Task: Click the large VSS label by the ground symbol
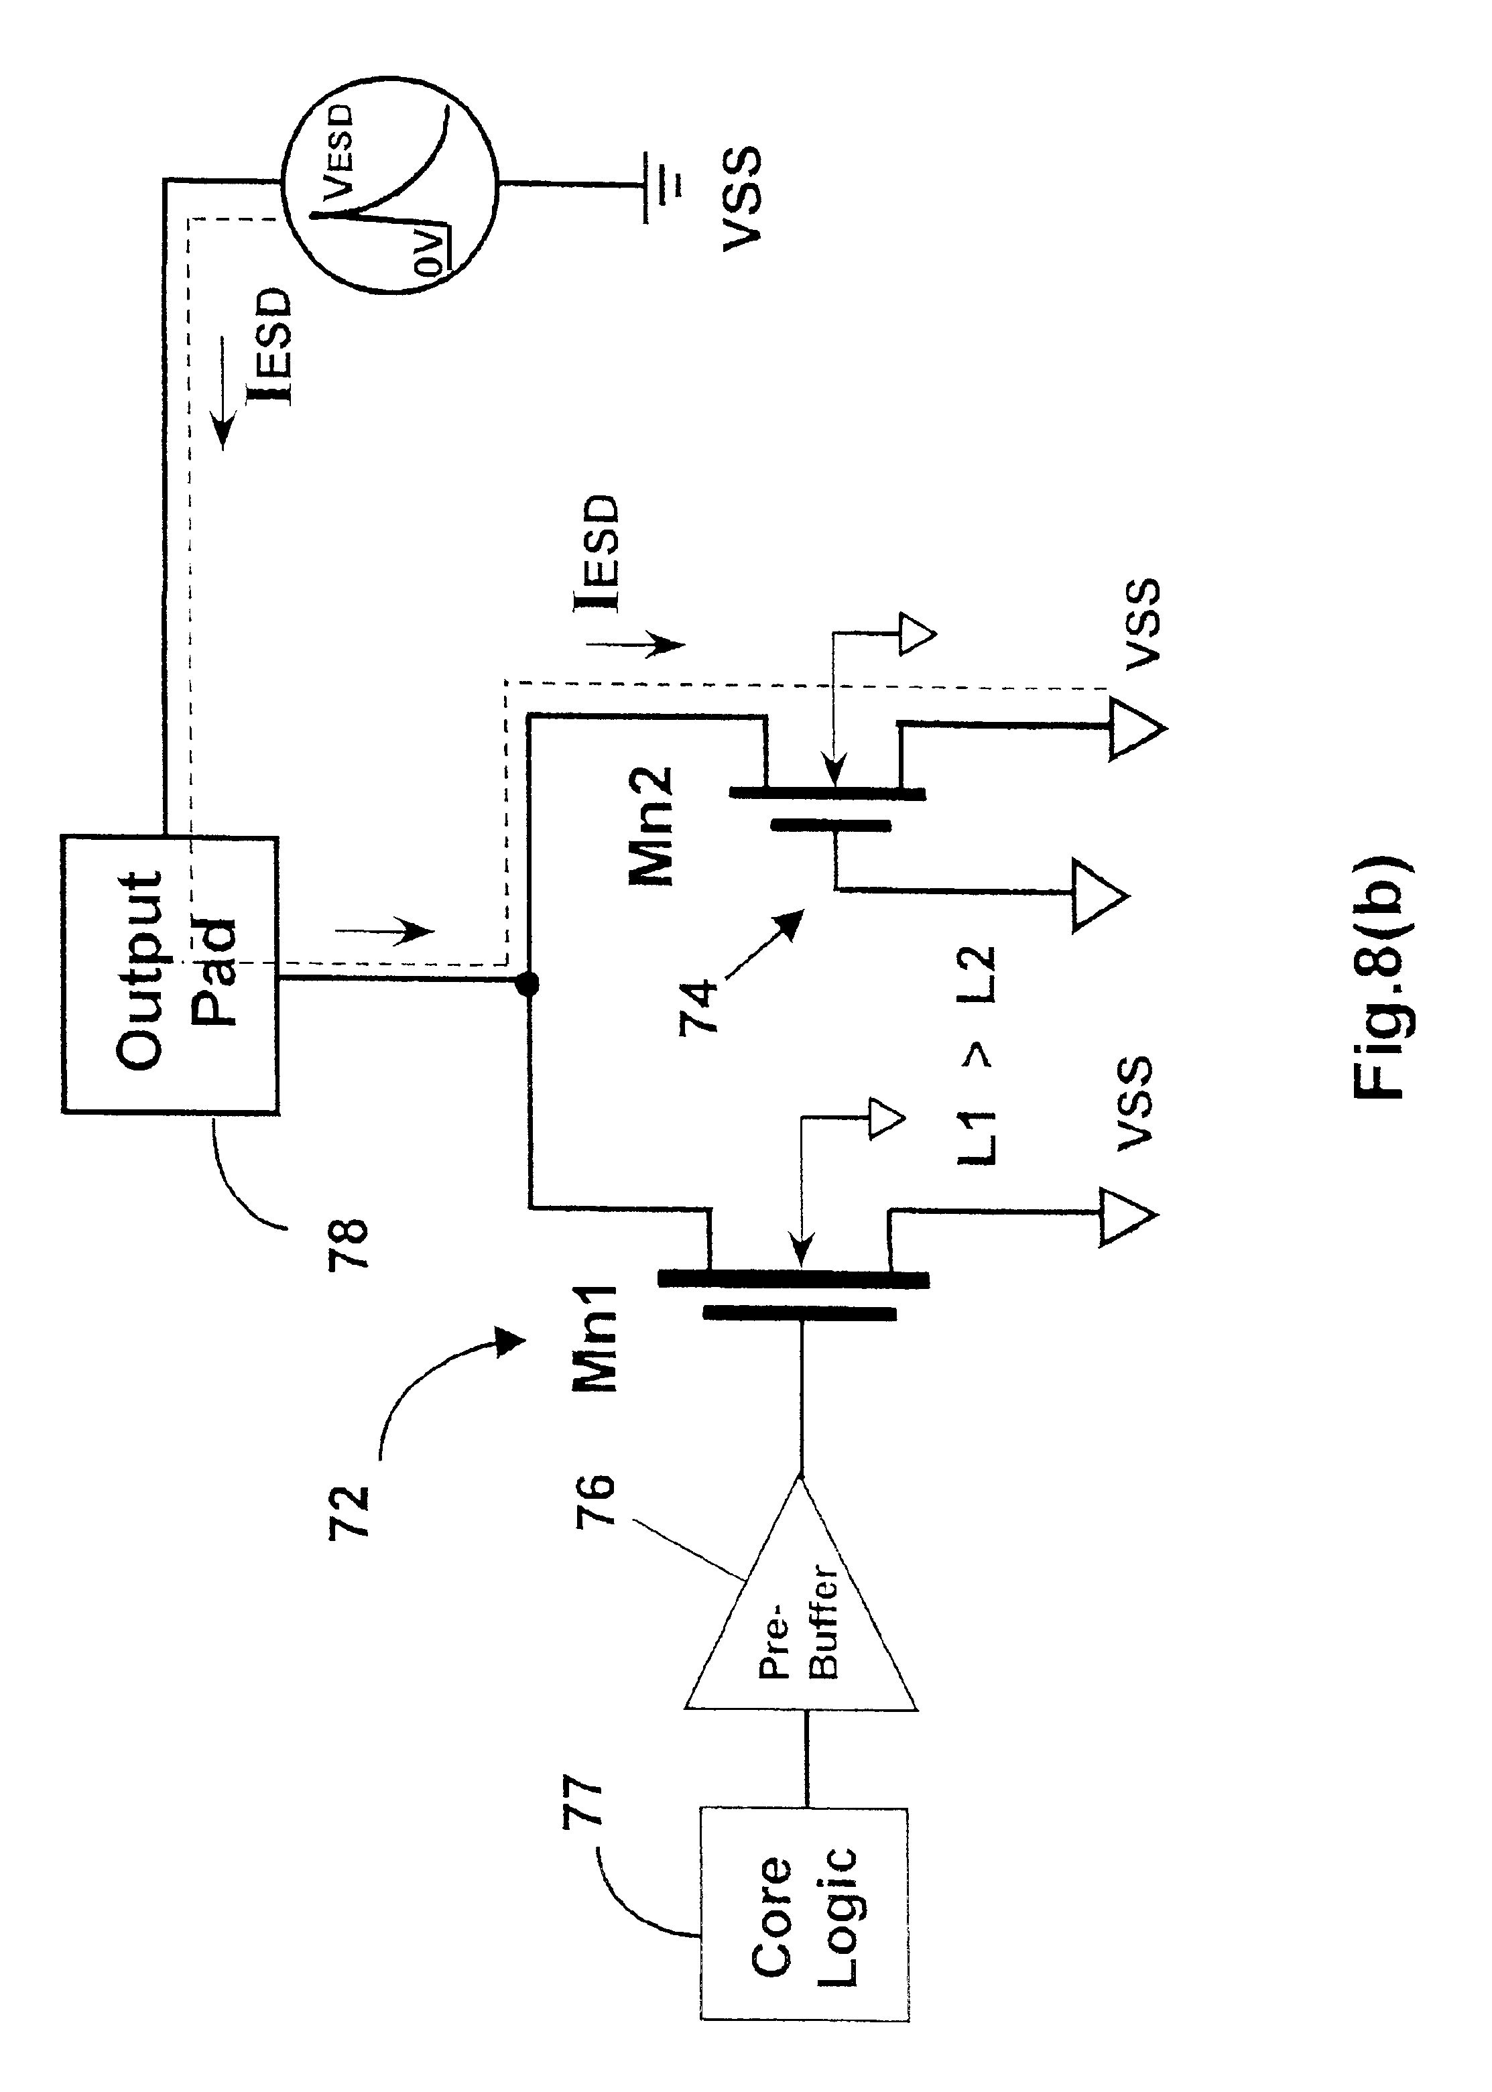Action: click(x=739, y=198)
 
